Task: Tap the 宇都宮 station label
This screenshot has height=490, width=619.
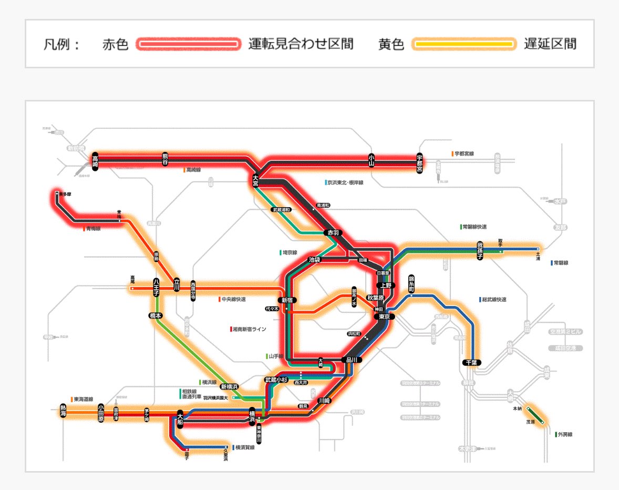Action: coord(419,163)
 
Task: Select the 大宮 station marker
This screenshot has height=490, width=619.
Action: coord(255,180)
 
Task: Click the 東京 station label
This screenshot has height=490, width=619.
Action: coord(384,317)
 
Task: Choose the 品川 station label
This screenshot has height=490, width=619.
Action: coord(352,360)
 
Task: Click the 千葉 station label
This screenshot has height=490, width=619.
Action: coord(472,362)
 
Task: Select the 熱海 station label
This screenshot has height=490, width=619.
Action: coord(63,411)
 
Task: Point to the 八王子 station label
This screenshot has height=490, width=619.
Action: coord(156,287)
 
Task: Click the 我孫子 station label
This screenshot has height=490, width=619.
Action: coord(480,250)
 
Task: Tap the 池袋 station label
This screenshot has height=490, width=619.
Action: coord(315,260)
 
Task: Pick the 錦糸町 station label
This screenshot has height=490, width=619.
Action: coord(411,283)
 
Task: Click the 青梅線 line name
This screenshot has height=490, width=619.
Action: coord(93,229)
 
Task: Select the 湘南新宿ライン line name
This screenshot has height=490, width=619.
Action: coord(249,329)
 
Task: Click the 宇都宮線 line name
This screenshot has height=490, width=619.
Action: coord(464,154)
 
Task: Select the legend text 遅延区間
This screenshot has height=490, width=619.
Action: coord(550,44)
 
